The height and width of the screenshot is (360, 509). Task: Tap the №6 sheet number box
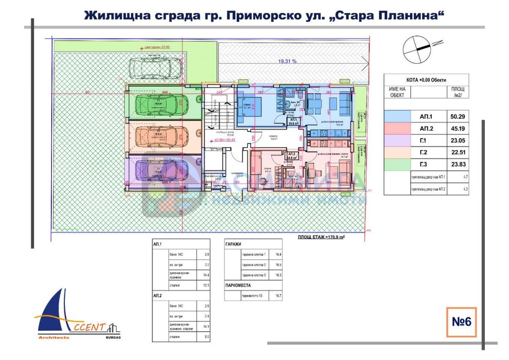461,322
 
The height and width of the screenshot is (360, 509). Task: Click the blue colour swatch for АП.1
397,116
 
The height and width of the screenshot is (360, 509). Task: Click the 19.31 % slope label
287,61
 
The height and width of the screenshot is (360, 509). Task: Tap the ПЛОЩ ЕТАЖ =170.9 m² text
320,238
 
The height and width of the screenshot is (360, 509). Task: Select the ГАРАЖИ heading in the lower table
233,245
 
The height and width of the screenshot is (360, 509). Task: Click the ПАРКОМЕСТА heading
238,284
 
